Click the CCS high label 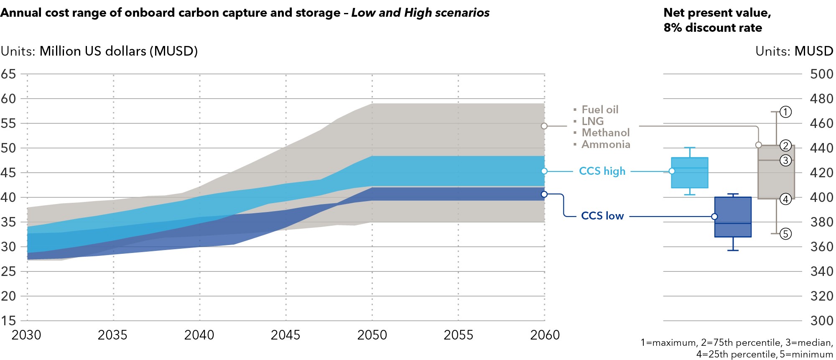click(602, 171)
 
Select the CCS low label click(602, 216)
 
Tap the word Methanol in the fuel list click(605, 133)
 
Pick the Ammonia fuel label click(606, 144)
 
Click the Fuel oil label click(600, 110)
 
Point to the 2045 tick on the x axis click(285, 335)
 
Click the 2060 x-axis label click(545, 335)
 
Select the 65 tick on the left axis click(8, 74)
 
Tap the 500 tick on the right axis click(821, 74)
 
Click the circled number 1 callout click(785, 112)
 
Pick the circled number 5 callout click(785, 234)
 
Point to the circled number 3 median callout click(785, 160)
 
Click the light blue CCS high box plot click(689, 173)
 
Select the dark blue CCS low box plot click(733, 217)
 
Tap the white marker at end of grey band click(544, 126)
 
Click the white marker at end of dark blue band click(544, 194)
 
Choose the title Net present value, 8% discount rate click(717, 20)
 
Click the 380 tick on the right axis click(821, 222)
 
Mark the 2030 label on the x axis click(26, 335)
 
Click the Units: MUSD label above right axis click(794, 51)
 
